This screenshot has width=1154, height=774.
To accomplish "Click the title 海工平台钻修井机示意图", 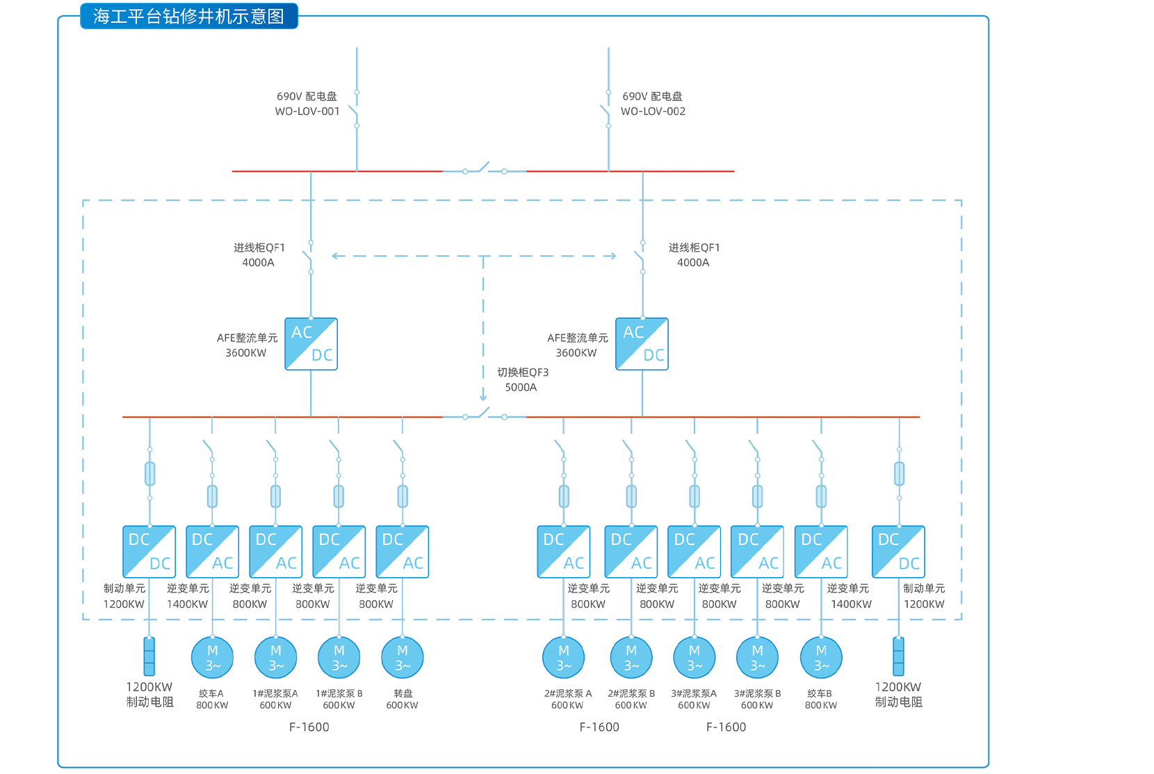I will [188, 16].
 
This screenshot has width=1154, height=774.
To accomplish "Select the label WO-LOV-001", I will [307, 111].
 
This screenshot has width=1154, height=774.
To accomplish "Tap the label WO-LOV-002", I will [653, 111].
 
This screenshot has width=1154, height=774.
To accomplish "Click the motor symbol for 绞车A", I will [212, 657].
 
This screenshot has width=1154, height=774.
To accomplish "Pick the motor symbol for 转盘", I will [403, 657].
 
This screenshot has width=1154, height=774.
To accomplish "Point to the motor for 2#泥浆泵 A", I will [564, 657].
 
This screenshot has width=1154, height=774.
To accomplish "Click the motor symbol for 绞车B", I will [821, 657].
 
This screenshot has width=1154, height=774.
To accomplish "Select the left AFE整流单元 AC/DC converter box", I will [311, 344].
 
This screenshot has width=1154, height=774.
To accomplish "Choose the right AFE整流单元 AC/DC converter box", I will [642, 344].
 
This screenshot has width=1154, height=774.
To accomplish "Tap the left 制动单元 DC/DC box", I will [149, 551].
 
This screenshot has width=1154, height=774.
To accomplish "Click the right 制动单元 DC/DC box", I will [898, 551].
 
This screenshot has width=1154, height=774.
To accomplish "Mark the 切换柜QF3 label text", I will [523, 373].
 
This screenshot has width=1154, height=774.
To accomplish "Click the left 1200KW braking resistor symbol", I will [149, 656].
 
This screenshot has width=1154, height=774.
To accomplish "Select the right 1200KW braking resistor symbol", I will [898, 656].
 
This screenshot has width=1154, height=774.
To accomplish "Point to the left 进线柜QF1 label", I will [259, 248].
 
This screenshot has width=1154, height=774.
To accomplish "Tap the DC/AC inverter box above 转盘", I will [403, 551].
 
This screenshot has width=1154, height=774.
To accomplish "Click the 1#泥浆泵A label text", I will [275, 693].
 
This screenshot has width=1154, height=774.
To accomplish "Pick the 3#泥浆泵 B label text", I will [757, 693].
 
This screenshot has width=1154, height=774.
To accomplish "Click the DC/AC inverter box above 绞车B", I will [821, 551].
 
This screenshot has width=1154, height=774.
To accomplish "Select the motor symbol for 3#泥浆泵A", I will [694, 657].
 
